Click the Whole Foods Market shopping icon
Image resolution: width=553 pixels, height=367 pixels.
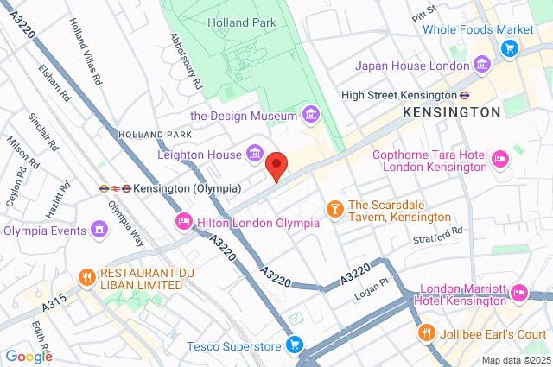point(510,48)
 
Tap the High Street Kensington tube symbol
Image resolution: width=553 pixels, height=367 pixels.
point(464,95)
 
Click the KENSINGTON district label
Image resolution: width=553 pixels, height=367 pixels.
point(451,112)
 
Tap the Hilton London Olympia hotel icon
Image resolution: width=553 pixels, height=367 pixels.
point(184,222)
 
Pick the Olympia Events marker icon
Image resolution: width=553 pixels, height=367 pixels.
point(99,230)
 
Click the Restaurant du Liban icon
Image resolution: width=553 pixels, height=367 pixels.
point(86,276)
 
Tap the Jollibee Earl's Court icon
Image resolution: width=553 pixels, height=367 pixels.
point(426,332)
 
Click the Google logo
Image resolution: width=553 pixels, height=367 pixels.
point(29,356)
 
